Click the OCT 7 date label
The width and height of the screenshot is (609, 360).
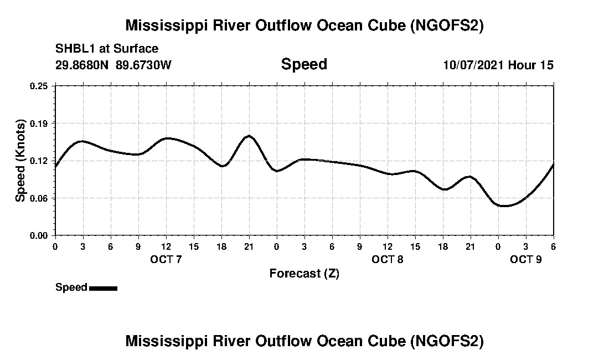pos(166,259)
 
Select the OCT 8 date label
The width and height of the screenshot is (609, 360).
pos(388,259)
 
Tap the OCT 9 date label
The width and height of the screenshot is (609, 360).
pos(526,259)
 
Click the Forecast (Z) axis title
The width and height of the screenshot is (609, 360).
pos(304,273)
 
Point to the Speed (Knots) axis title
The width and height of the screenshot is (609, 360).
pos(20,161)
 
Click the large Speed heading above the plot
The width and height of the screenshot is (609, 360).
pos(304,64)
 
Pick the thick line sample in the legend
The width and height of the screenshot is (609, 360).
pos(103,288)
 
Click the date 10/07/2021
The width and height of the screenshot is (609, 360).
pos(473,65)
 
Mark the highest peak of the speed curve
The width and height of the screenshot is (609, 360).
pos(249,136)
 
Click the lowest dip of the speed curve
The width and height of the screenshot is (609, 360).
pos(504,206)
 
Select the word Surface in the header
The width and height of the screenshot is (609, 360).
pos(138,49)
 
